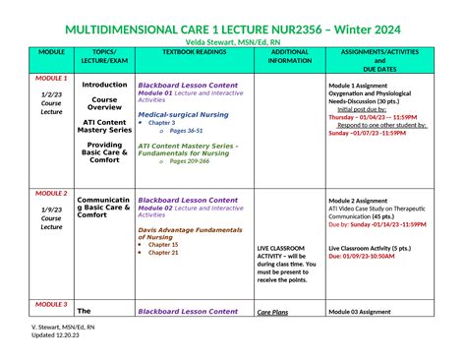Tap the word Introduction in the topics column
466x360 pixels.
[x=104, y=85]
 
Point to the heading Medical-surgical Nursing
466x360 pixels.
[x=183, y=114]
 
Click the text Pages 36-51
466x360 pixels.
[x=187, y=131]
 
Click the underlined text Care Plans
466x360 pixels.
[x=272, y=312]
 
